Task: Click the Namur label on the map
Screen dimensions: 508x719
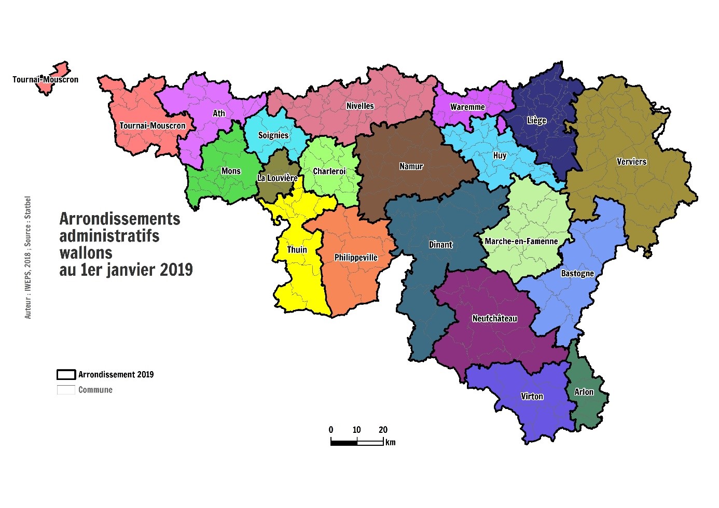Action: [x=411, y=166]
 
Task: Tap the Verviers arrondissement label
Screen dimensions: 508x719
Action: [x=631, y=162]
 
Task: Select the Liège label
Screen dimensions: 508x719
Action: [x=536, y=120]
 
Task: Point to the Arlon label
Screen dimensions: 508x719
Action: [x=584, y=392]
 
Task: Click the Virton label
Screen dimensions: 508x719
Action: [x=532, y=397]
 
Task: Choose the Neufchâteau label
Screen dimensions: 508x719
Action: [x=494, y=319]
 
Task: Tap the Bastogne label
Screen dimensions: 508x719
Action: [x=577, y=273]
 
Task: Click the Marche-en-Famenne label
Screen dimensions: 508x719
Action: [x=521, y=241]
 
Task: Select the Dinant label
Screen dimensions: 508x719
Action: [x=440, y=245]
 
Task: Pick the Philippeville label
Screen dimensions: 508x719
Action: [x=356, y=258]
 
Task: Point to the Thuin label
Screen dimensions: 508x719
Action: [x=297, y=250]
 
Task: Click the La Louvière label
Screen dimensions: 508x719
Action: [x=278, y=178]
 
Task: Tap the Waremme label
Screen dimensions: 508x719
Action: [x=467, y=107]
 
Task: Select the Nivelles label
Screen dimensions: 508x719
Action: [x=360, y=106]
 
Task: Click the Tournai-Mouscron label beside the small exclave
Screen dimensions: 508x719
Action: [x=46, y=80]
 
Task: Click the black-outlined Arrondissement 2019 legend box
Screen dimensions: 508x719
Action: [x=66, y=375]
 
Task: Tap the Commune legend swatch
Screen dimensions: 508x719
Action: [x=66, y=390]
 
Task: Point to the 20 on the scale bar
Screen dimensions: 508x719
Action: [x=383, y=430]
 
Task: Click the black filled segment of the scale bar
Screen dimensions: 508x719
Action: [x=344, y=442]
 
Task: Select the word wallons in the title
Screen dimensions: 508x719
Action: [x=86, y=253]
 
